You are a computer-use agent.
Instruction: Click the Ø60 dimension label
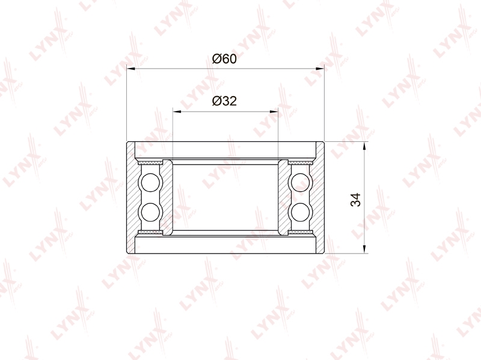(224, 58)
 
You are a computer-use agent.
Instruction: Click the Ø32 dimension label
(224, 101)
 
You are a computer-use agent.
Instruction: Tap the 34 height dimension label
(355, 200)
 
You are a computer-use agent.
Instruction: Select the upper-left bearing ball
(150, 183)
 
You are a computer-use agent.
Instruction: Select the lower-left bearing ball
(150, 212)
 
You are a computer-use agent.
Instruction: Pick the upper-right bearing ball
(300, 183)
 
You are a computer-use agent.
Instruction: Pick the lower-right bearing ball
(300, 212)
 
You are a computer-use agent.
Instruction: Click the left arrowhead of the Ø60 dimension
(131, 69)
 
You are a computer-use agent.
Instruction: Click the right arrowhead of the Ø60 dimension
(320, 69)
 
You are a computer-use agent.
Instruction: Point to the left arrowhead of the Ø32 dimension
(177, 112)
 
